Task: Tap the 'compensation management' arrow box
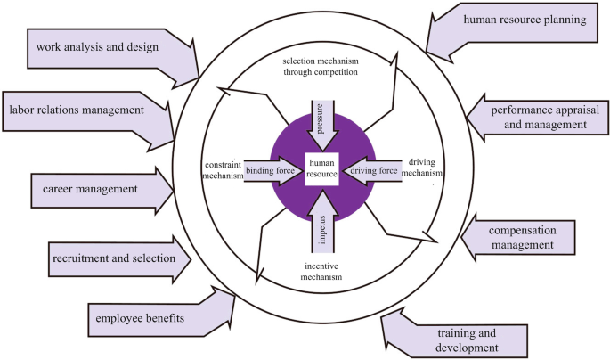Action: tap(525, 234)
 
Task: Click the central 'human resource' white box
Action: tap(321, 168)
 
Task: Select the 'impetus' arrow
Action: tap(321, 217)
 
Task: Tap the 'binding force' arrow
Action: tap(272, 168)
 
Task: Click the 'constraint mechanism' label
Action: tap(222, 169)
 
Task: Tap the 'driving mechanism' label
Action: tap(424, 168)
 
